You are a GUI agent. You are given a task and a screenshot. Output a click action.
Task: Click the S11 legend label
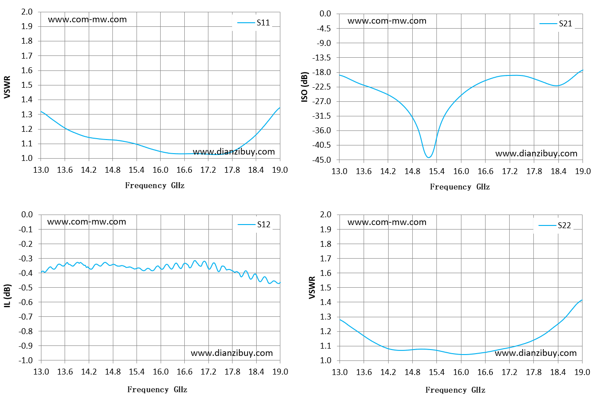[263, 23]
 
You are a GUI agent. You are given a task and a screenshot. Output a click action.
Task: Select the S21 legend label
[565, 24]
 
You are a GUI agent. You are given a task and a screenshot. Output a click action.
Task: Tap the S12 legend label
[264, 225]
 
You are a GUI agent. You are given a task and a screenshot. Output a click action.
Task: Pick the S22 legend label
[564, 225]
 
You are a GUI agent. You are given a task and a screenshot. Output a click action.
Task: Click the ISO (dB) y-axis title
[304, 87]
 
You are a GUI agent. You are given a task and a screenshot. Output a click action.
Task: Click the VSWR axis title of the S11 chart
[7, 87]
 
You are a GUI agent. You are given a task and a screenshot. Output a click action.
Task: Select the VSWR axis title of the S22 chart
[312, 287]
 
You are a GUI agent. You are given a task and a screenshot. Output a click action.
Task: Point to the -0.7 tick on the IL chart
[25, 316]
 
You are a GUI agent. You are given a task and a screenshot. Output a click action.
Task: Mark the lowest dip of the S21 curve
[429, 158]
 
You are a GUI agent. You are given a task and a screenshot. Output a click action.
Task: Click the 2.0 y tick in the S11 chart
[27, 12]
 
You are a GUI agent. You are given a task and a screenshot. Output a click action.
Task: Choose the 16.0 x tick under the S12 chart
[161, 371]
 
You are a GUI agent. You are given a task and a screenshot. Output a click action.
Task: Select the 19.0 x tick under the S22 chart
[582, 372]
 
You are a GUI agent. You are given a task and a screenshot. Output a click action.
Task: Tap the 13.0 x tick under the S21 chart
[340, 171]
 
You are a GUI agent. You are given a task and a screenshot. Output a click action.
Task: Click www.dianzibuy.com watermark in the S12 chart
[232, 353]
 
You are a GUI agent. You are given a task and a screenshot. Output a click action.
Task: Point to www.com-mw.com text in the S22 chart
[387, 222]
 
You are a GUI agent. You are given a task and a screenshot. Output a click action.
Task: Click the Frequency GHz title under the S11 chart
[155, 185]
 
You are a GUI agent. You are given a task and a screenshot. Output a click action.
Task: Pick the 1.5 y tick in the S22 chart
[325, 287]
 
